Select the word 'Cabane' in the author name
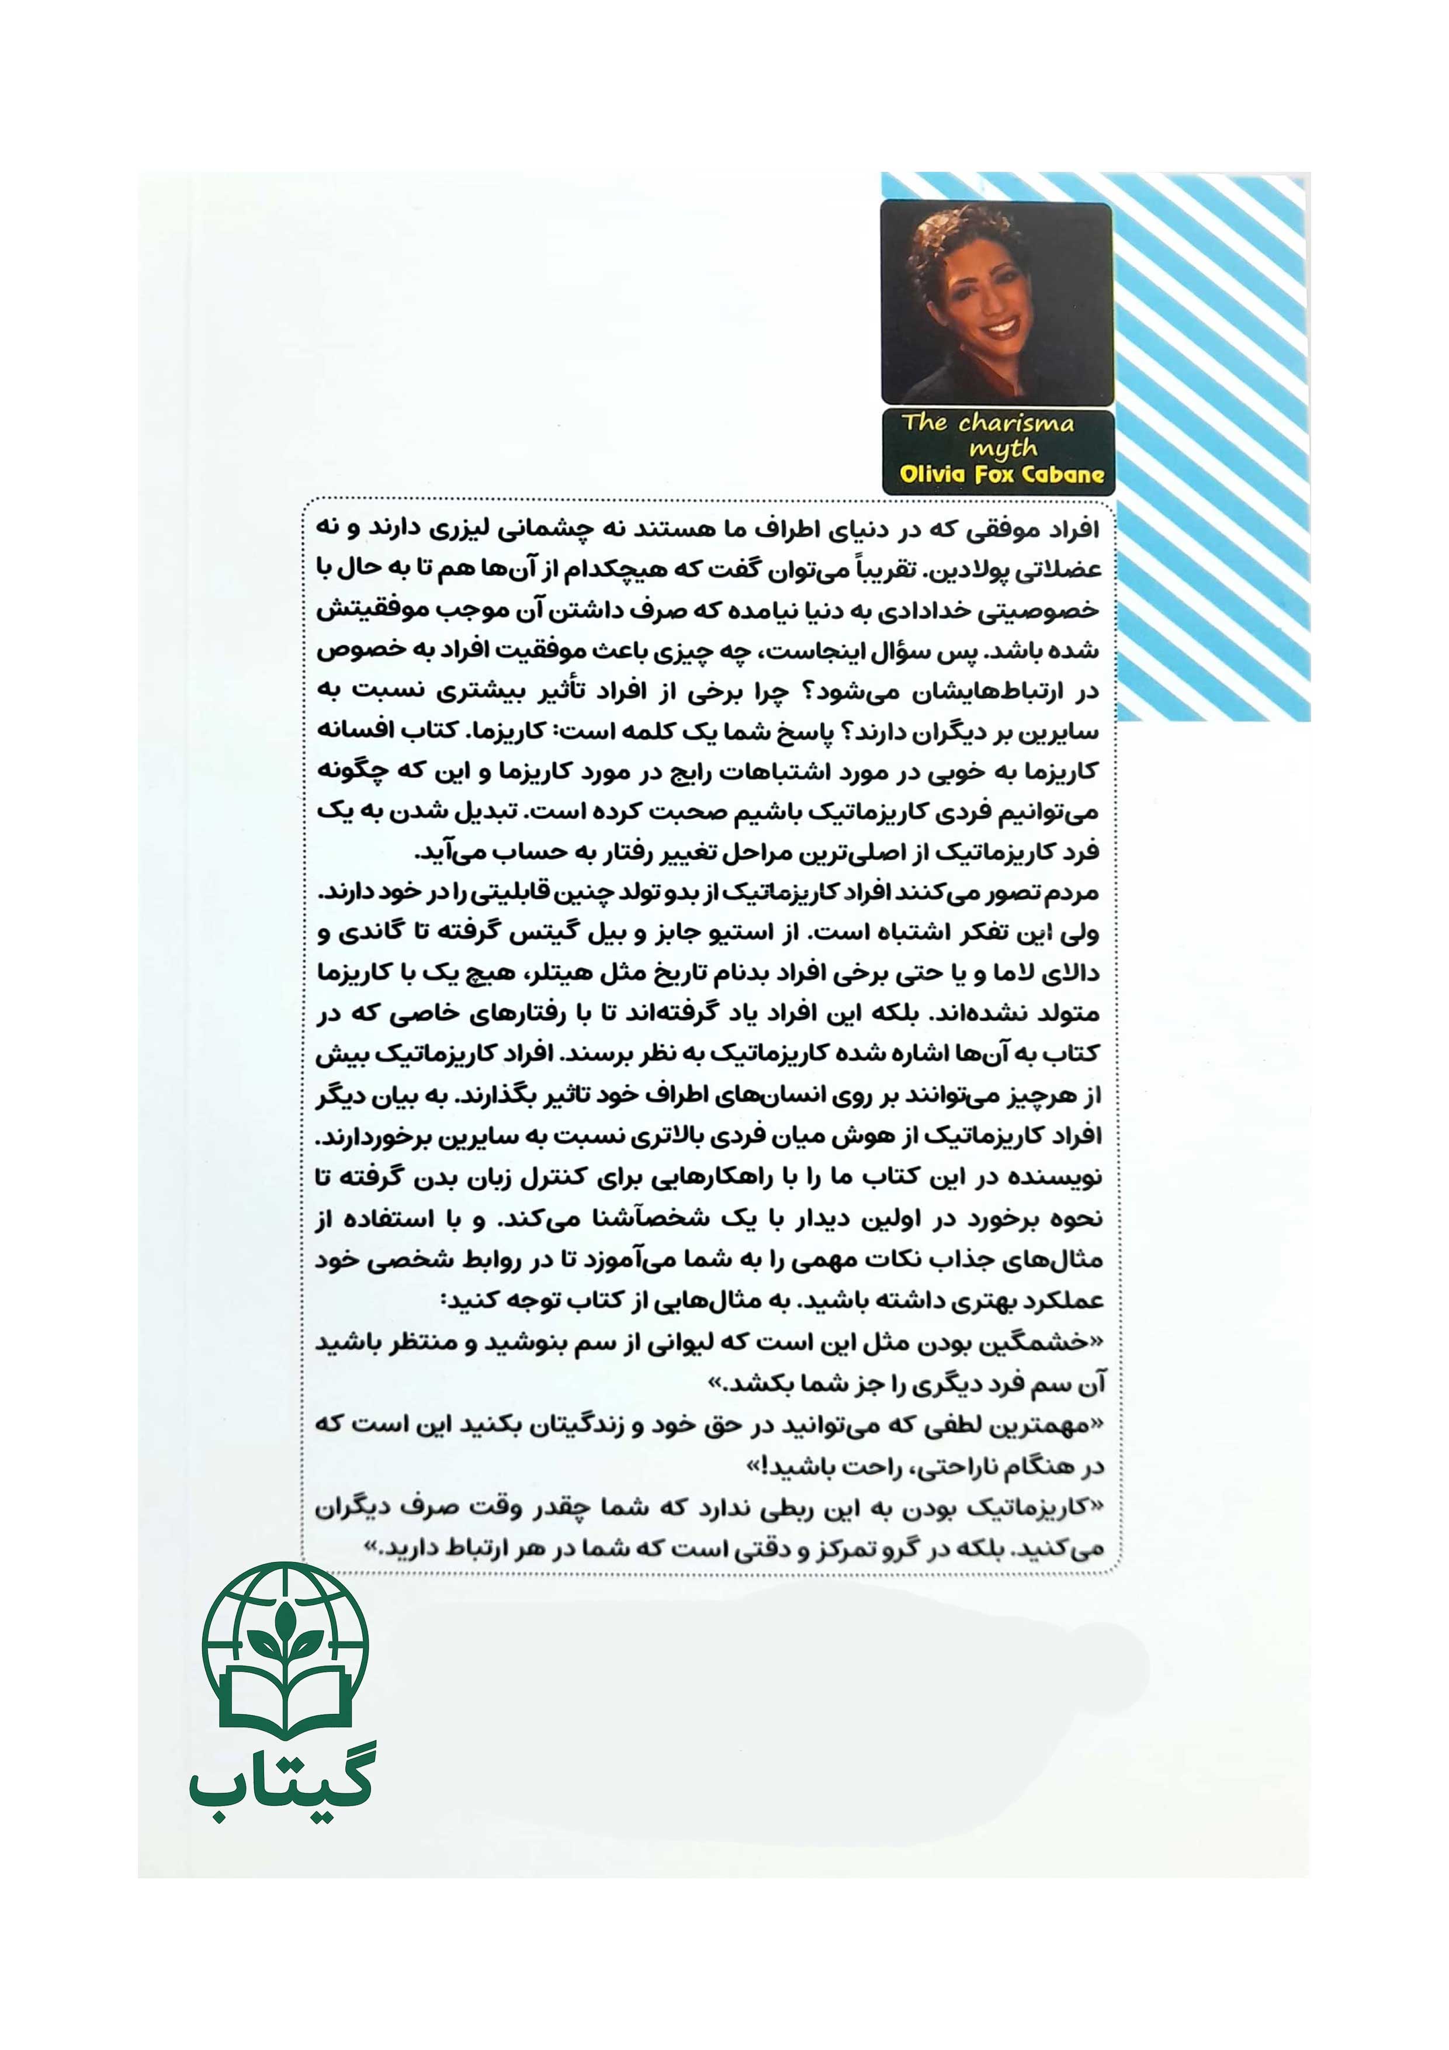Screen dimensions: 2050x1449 click(1062, 474)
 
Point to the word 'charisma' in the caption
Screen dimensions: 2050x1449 click(1016, 423)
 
